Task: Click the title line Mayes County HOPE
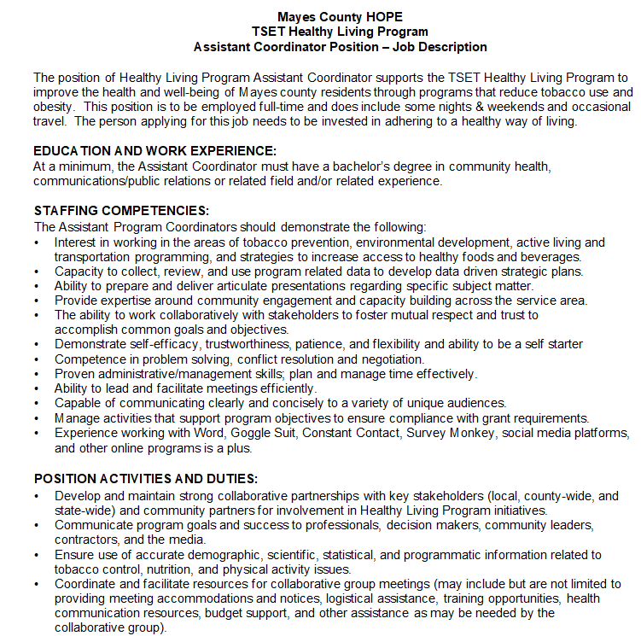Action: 340,16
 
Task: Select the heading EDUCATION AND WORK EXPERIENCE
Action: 154,151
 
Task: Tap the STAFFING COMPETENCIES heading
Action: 121,211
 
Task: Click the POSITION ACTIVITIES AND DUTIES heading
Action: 145,479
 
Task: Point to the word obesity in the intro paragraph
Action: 55,107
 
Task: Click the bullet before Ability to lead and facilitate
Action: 37,388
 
